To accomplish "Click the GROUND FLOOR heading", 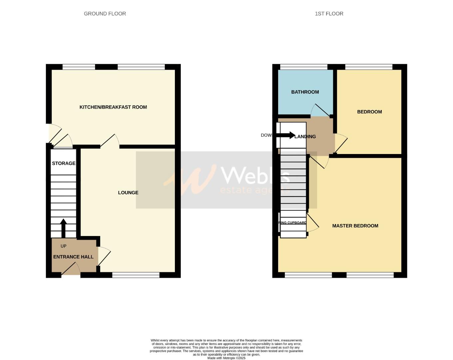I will coord(105,14).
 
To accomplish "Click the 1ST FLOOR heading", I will coord(329,14).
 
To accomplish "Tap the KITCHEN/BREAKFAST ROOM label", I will coord(113,107).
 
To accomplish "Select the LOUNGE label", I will coord(128,193).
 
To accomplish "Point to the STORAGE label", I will coord(64,163).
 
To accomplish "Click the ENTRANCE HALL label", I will coord(73,257).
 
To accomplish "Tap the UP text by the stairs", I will coord(63,246).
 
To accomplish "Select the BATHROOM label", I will coord(305,92).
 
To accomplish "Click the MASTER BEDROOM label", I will coord(355,226).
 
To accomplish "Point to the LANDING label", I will coord(305,136).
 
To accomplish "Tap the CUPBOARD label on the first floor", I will coord(293,223).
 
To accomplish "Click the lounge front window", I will coord(136,275).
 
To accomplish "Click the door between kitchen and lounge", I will coord(110,141).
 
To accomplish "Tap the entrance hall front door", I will coord(71,269).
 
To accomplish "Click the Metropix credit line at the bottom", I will coord(226,358).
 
